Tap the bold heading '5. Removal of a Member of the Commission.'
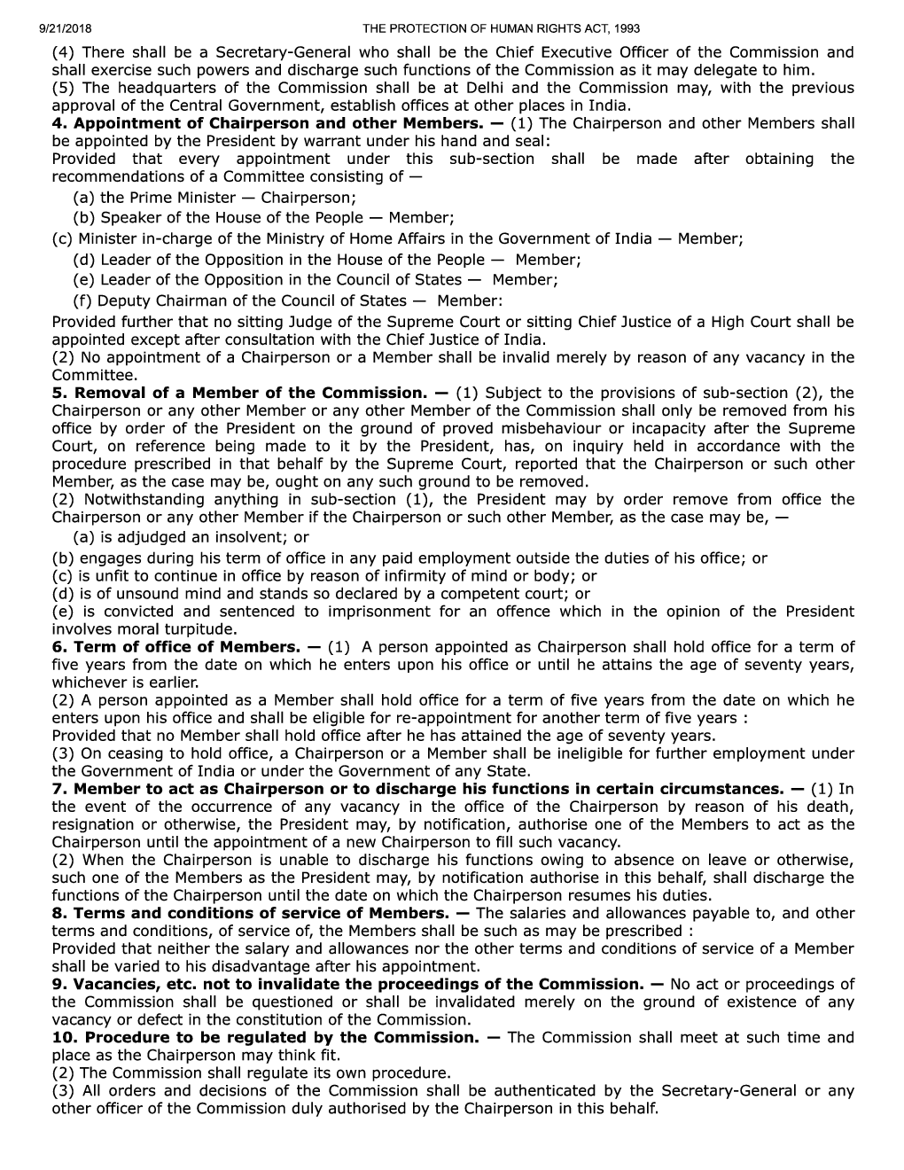coord(240,393)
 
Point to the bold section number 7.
coord(58,789)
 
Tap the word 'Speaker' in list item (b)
coord(129,217)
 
